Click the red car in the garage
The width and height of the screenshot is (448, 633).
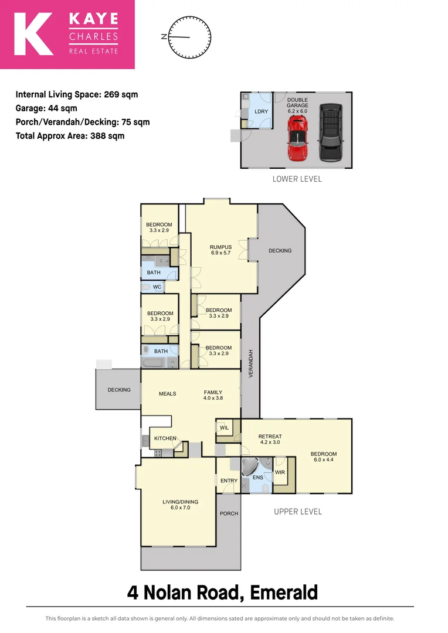click(298, 138)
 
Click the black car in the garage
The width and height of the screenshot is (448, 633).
click(330, 132)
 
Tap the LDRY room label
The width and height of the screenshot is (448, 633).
click(261, 112)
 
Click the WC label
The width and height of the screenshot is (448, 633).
click(157, 287)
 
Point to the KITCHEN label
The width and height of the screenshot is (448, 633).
click(165, 438)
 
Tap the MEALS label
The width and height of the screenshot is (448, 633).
click(168, 393)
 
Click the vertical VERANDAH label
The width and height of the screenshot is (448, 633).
click(250, 363)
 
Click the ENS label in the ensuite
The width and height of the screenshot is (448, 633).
click(257, 478)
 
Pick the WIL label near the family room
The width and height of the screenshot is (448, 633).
click(224, 428)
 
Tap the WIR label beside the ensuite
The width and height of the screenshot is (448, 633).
click(280, 472)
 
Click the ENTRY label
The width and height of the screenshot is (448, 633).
click(229, 481)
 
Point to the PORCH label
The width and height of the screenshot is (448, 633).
click(229, 513)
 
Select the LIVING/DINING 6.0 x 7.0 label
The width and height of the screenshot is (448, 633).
click(180, 505)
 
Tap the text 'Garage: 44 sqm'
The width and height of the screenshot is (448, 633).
click(46, 108)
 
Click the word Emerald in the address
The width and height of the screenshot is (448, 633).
click(284, 593)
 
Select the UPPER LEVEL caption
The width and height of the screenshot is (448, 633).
click(298, 512)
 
